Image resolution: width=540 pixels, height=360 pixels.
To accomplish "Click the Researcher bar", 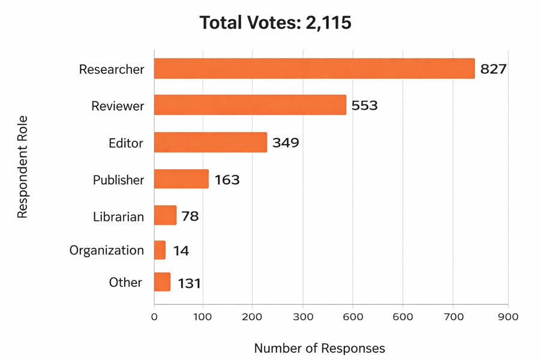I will [x=314, y=69].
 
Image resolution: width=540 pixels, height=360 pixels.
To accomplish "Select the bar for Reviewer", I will [x=250, y=106].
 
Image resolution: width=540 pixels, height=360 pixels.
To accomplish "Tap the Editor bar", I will [x=211, y=143].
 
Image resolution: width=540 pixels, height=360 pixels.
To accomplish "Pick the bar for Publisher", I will [x=181, y=179].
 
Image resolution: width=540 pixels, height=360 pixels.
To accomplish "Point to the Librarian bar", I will [x=165, y=215].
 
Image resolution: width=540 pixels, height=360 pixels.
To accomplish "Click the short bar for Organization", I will [x=160, y=250].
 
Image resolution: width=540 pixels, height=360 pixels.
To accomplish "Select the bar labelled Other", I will [x=162, y=283].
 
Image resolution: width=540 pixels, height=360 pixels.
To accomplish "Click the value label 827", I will [x=494, y=69].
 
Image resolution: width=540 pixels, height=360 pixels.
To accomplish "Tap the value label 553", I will [x=365, y=106].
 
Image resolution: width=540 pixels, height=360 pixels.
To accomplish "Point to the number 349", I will [x=286, y=143].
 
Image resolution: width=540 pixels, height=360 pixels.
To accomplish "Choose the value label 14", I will [x=181, y=251].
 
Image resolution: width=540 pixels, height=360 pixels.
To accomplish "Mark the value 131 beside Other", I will [x=189, y=283].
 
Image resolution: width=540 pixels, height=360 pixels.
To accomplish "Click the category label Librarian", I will [x=118, y=217].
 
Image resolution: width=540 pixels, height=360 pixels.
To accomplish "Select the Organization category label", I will [x=106, y=250].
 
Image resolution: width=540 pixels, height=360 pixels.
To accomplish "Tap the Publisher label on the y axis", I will [x=118, y=180].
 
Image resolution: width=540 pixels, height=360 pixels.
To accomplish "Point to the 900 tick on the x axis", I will [x=508, y=316].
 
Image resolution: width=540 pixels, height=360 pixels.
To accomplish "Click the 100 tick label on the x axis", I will [x=203, y=316].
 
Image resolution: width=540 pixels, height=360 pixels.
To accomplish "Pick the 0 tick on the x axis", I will [x=154, y=316].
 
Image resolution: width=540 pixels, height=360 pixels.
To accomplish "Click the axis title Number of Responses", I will [x=320, y=348].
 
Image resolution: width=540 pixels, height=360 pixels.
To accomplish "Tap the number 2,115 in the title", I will [x=328, y=23].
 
